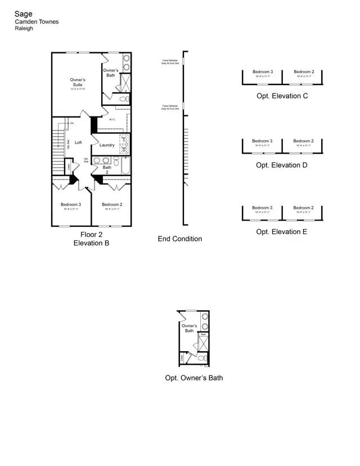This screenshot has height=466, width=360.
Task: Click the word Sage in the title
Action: point(24,14)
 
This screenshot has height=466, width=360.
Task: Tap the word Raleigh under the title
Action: point(24,28)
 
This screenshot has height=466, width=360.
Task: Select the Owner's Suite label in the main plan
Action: point(78,83)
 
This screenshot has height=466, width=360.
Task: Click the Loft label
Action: point(78,143)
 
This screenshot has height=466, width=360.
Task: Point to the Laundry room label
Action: point(107,145)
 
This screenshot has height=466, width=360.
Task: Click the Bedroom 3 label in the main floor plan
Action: point(71,204)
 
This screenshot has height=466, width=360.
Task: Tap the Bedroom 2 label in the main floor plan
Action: point(112,204)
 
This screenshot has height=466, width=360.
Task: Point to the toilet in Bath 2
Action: point(116,161)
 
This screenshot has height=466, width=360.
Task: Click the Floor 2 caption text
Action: point(91,235)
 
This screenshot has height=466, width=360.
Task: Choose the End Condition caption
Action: point(179,239)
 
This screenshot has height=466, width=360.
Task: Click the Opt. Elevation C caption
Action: point(282,96)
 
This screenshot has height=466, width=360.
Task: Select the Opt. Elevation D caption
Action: point(282,165)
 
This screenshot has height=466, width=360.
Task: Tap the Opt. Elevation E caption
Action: point(282,231)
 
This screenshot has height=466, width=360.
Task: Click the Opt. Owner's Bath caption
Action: point(193,378)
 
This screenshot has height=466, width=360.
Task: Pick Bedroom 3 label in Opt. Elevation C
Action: point(262,72)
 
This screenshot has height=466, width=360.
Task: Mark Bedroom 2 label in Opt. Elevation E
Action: point(304,208)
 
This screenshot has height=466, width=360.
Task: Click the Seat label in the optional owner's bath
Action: point(203,334)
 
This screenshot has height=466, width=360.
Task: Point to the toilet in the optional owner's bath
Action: point(201,358)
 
